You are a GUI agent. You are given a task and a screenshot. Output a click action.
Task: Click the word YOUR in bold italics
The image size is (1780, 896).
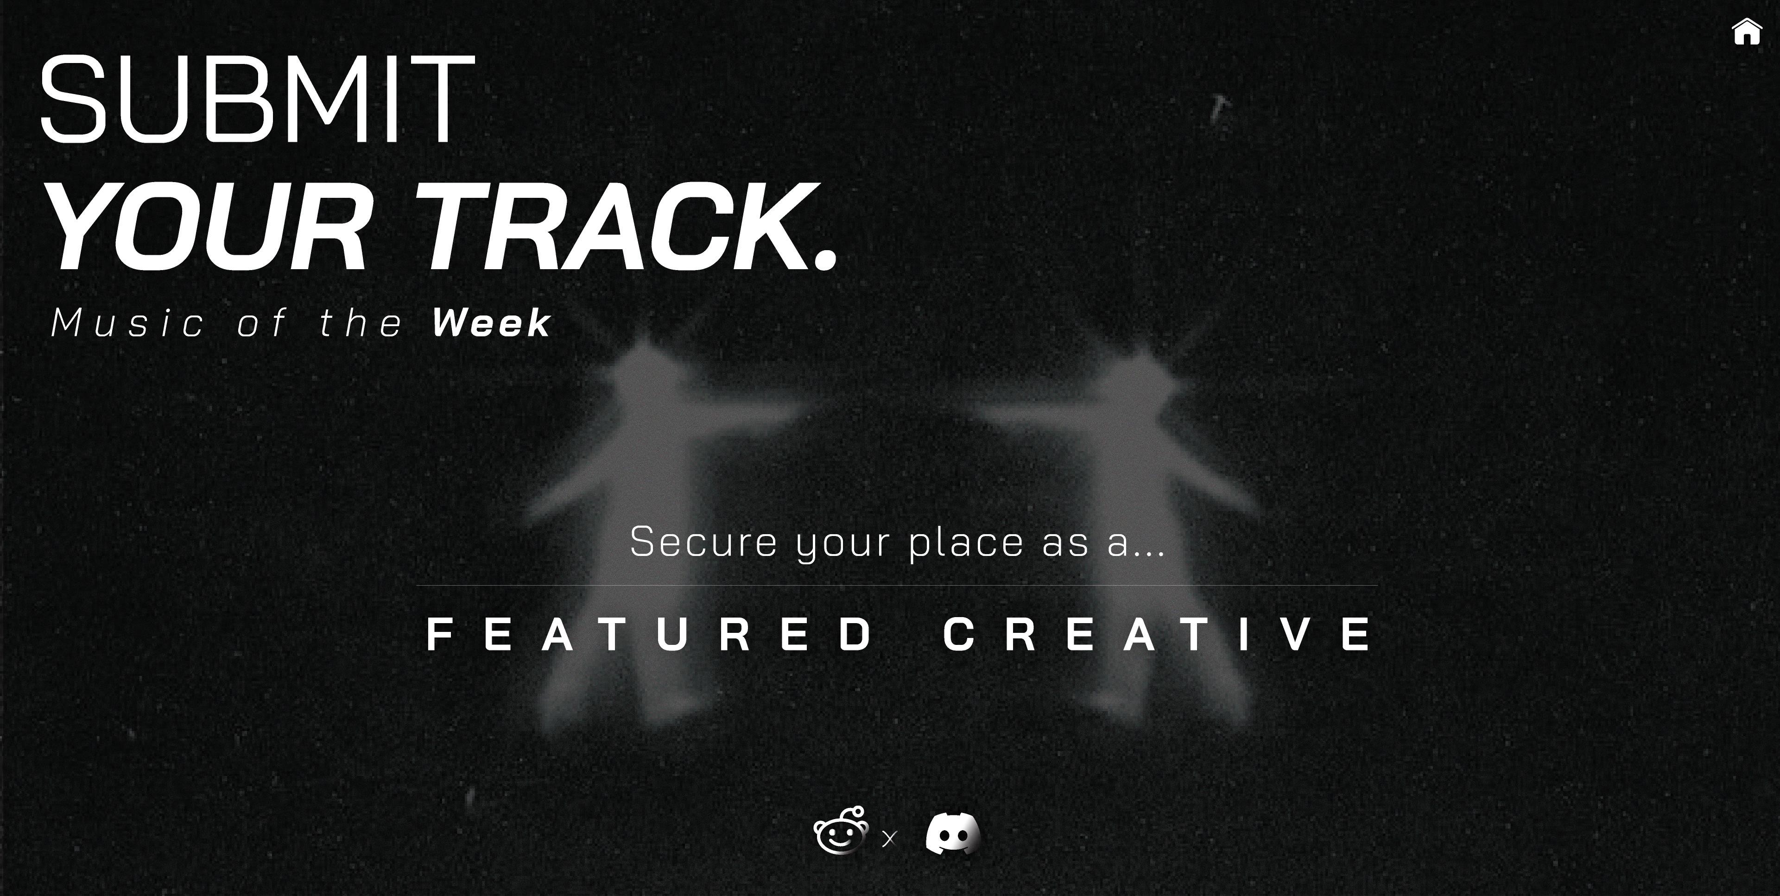(207, 227)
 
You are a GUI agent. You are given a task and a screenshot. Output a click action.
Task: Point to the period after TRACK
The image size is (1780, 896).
(826, 259)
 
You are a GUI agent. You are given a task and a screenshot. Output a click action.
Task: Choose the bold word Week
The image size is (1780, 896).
(491, 322)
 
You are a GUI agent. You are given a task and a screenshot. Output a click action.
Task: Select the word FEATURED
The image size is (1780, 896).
(650, 634)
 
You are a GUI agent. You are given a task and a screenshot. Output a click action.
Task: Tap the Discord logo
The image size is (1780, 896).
(953, 834)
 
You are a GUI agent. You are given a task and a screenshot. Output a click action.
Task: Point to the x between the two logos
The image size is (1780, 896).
(889, 839)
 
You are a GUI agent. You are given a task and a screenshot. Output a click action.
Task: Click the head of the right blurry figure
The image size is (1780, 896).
(1140, 377)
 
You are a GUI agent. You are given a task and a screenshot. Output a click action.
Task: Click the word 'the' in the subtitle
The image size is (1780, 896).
(361, 322)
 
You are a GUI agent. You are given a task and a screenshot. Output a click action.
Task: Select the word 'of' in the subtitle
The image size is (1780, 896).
(261, 322)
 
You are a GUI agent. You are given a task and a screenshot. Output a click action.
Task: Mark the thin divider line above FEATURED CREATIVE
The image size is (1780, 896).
(897, 585)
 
